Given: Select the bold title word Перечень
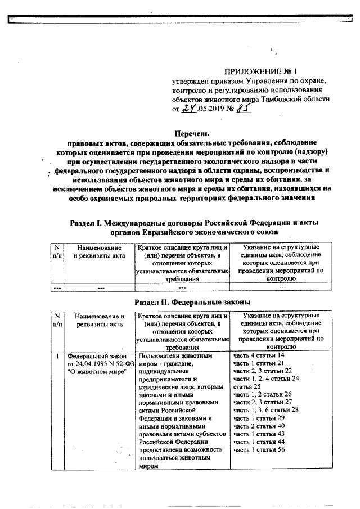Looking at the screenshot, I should (x=192, y=134).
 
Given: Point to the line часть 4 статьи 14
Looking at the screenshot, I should (x=259, y=356).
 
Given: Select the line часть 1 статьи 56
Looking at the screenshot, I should (x=259, y=450).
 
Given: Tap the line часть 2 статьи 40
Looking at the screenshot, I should (x=259, y=426).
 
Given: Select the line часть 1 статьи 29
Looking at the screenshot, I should (x=259, y=418).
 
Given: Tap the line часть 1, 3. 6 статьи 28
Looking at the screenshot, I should (x=265, y=411).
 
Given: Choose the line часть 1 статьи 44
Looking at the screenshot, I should (x=259, y=442).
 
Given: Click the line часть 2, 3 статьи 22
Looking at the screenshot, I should (x=263, y=371).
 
